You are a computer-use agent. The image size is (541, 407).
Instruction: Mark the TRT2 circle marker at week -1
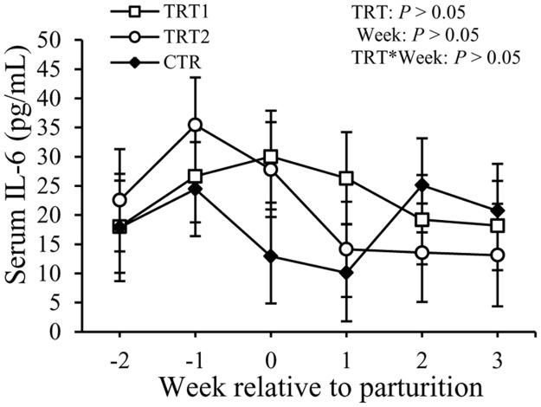click(x=196, y=125)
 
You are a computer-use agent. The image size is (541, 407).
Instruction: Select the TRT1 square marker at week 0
click(x=271, y=157)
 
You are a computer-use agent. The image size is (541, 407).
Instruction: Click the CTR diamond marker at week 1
click(x=346, y=273)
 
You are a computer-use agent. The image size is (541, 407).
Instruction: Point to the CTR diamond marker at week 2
click(x=422, y=185)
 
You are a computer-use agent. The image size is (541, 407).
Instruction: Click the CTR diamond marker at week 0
click(x=271, y=256)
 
